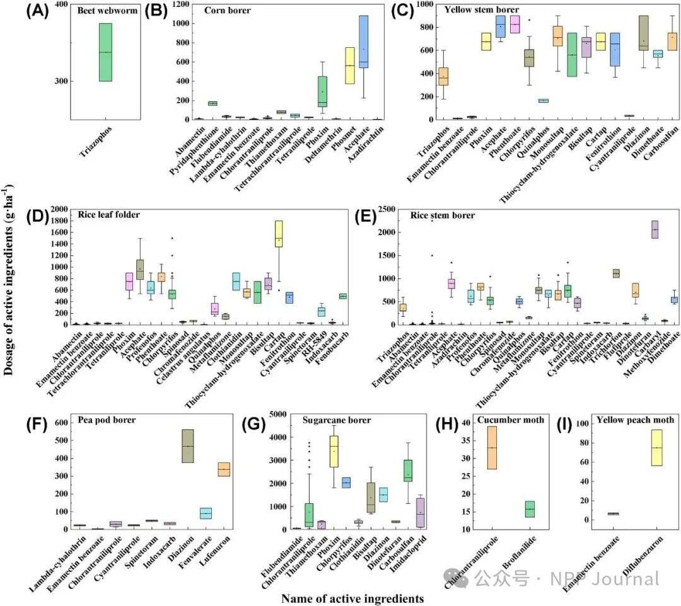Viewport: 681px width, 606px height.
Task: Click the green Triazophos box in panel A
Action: click(x=105, y=52)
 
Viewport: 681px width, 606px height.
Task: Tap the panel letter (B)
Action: click(x=156, y=11)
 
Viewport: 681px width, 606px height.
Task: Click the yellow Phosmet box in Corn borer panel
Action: click(x=349, y=66)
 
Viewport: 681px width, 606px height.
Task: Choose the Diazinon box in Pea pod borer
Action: click(x=188, y=446)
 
